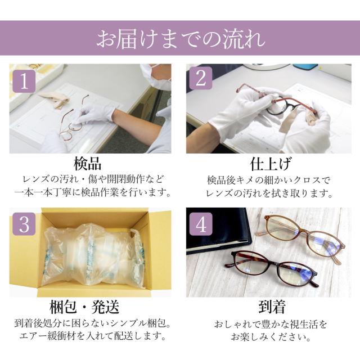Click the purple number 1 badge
(24, 81)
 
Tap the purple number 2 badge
(201, 78)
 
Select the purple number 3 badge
(24, 224)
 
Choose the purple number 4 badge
(201, 224)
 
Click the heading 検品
(88, 164)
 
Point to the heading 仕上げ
(271, 164)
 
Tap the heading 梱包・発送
(84, 307)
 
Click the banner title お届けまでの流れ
(181, 39)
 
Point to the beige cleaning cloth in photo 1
(54, 100)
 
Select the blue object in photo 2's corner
(305, 66)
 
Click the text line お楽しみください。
(271, 337)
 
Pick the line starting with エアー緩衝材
(92, 336)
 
